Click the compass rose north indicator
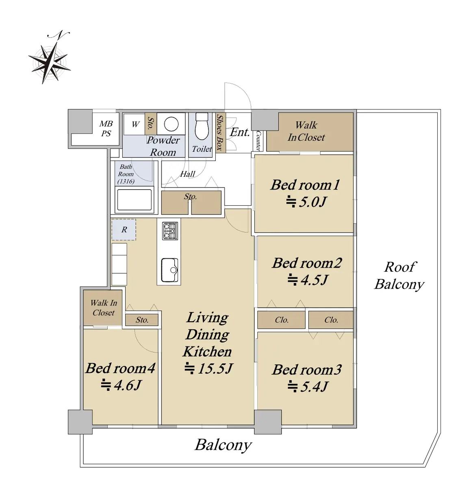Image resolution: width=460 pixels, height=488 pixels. pos(50,58)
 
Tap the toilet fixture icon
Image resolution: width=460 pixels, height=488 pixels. pos(202,126)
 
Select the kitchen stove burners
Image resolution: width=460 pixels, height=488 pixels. pos(170,231)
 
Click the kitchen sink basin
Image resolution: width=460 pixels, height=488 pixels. pos(169,270)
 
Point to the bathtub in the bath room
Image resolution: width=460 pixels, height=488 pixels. pos(134,200)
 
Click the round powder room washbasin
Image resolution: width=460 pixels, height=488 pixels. pos(171,124)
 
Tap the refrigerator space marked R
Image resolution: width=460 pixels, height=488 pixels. pos(124,229)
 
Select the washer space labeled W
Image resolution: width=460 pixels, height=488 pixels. pos(135,124)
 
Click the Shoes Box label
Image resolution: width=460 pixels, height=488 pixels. pos(220,133)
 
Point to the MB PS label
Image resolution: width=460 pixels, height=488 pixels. pos(106,129)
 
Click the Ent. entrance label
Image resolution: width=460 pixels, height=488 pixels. pos(240,132)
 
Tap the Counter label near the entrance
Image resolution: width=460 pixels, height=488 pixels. pos(258,141)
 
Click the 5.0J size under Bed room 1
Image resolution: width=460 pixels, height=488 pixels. pos(306,202)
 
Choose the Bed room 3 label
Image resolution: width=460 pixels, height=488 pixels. pos(306,370)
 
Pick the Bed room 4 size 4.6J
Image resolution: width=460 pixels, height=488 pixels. pos(122,385)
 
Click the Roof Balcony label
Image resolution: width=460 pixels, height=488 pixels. pos(399,276)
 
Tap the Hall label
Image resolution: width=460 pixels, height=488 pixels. pos(187,174)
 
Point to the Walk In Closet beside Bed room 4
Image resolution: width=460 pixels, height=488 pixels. pos(103,307)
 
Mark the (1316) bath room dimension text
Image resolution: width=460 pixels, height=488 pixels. pos(126,182)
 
